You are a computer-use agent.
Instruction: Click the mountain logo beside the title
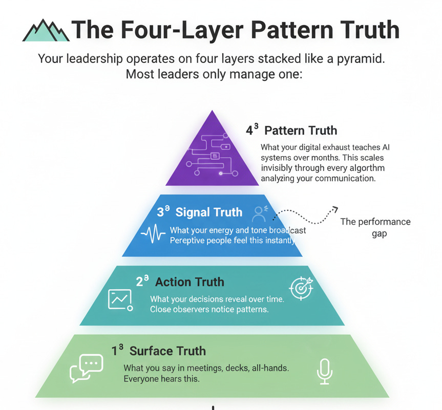pos(46,31)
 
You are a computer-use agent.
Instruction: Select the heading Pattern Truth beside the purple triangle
pos(301,130)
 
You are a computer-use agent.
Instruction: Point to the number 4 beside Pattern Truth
pos(249,130)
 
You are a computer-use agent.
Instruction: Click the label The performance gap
pos(376,227)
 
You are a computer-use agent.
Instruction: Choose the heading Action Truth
pos(190,282)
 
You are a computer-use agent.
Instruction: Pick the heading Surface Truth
pos(167,351)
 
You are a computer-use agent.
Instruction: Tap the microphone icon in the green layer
pos(324,371)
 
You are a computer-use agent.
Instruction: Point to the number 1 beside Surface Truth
pos(114,351)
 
